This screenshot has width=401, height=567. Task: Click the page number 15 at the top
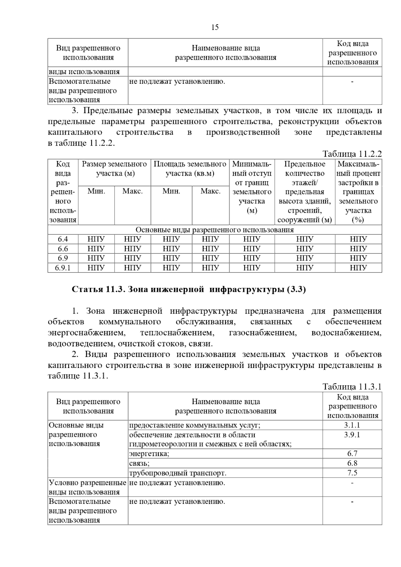(215, 27)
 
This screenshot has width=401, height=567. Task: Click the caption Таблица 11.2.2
(352, 154)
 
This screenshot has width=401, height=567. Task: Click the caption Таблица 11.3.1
(352, 387)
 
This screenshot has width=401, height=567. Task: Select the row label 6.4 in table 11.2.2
(63, 239)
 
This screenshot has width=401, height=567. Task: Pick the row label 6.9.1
(63, 268)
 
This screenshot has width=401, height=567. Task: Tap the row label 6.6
(63, 249)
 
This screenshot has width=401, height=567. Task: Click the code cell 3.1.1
(352, 425)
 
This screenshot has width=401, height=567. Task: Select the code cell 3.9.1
(352, 435)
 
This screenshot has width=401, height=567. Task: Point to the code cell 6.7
(352, 453)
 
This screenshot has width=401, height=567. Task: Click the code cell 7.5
(352, 473)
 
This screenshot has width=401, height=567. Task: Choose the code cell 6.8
(352, 463)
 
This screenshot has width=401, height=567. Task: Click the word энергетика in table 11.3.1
(149, 453)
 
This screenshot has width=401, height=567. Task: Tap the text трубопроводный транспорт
(177, 473)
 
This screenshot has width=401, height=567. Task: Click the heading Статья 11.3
(188, 290)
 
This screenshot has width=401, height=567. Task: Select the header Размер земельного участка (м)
(115, 169)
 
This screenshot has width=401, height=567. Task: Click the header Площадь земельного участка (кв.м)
(190, 169)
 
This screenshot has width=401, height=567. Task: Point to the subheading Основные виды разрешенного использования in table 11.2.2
(215, 230)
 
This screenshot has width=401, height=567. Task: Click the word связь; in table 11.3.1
(139, 463)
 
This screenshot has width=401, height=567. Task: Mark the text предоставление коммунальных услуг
(194, 425)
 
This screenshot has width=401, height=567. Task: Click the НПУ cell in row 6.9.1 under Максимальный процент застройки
(358, 268)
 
